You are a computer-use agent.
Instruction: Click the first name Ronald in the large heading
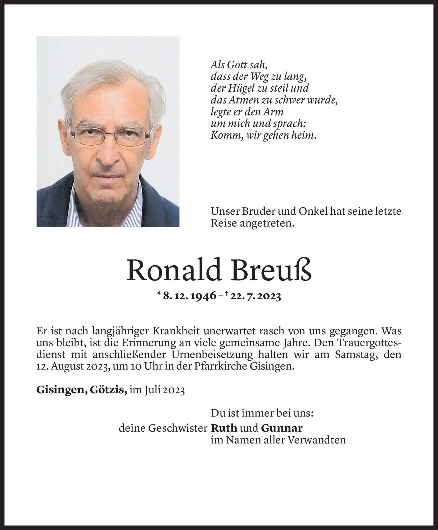click(171, 271)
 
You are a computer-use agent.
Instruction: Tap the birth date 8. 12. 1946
click(190, 296)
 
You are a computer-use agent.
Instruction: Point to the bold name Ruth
click(224, 428)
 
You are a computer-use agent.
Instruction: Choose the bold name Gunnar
click(282, 428)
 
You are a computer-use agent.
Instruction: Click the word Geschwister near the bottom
click(178, 428)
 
